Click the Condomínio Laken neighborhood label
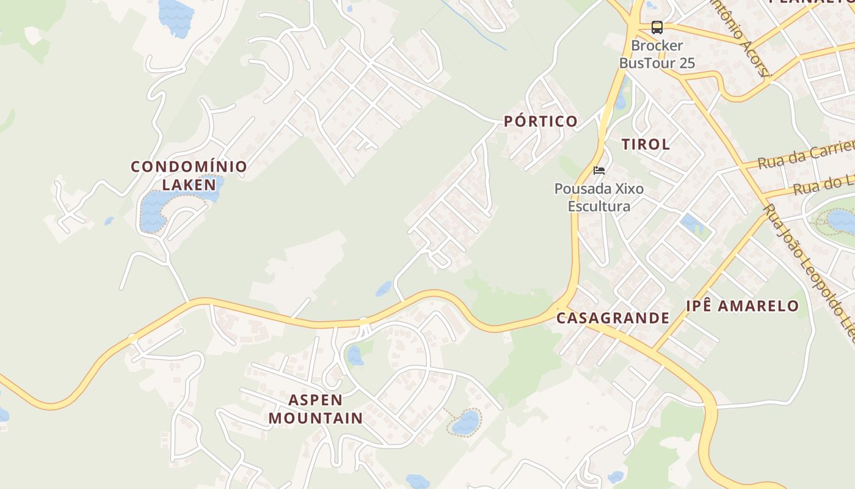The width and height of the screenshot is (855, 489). tap(189, 175)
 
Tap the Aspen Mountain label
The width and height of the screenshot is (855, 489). tap(315, 409)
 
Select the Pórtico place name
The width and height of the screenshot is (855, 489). tap(540, 121)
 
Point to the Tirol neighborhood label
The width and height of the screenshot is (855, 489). tap(646, 144)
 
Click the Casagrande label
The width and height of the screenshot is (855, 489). tap(613, 318)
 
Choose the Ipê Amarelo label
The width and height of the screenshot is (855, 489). tap(742, 306)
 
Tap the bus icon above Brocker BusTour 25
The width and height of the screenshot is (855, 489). tap(657, 28)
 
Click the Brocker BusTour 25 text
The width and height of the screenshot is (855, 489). tap(657, 54)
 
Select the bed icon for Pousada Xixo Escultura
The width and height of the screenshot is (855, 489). tap(599, 171)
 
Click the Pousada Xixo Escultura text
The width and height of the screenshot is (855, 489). tap(599, 197)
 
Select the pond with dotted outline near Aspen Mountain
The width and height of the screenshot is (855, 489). tap(466, 422)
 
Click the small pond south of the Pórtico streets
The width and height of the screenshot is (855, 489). tap(384, 289)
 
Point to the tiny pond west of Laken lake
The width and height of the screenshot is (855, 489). tap(109, 221)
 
